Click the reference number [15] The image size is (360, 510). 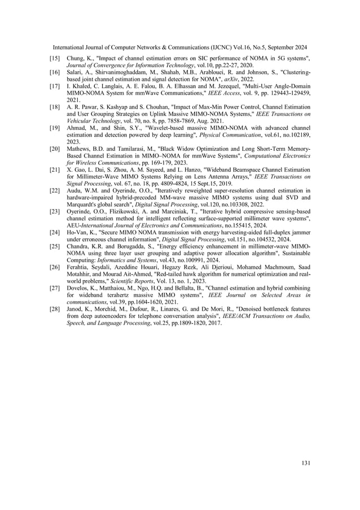(x=55, y=59)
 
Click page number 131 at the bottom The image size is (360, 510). (x=306, y=463)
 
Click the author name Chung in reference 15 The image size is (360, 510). (x=76, y=59)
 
